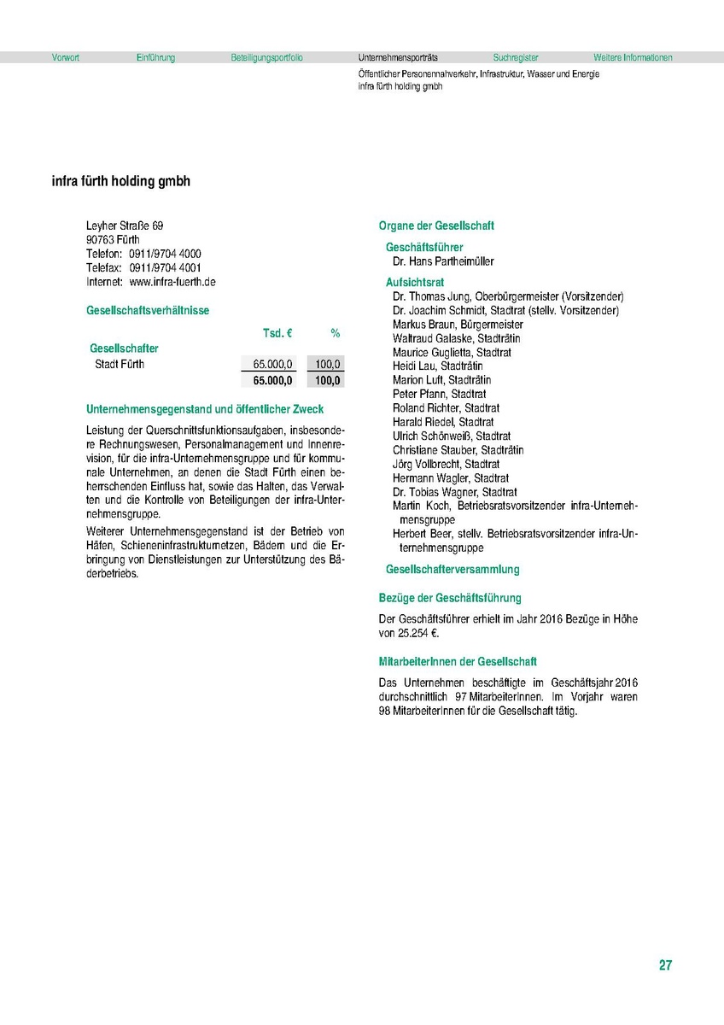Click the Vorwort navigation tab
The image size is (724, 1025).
(x=65, y=58)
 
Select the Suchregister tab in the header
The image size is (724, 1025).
(x=516, y=58)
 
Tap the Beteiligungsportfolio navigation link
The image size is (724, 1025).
(x=266, y=58)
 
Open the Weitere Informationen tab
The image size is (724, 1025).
(x=633, y=58)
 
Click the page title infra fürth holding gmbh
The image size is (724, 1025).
(x=121, y=182)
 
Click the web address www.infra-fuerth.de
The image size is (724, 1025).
(x=172, y=281)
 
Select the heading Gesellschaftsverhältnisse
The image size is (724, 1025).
(x=148, y=311)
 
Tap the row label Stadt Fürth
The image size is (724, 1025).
(x=120, y=365)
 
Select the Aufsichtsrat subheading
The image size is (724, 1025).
(x=415, y=282)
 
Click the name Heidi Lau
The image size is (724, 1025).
(x=414, y=366)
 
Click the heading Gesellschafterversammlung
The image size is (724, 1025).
(x=452, y=569)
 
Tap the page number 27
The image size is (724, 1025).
(x=665, y=966)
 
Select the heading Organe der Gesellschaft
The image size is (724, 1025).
(x=436, y=226)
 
